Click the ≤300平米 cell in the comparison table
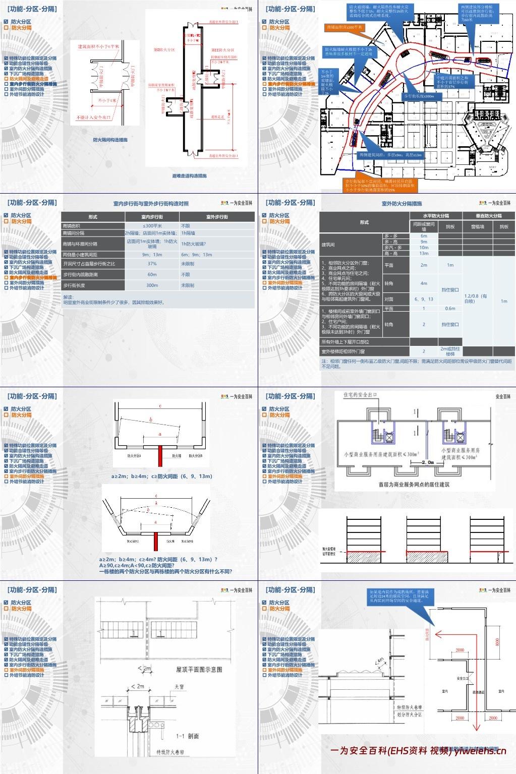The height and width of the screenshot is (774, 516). click(x=152, y=226)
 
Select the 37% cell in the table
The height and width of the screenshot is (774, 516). click(x=152, y=264)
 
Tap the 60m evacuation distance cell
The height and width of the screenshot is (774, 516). click(x=152, y=275)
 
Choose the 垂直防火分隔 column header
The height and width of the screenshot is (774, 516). click(x=489, y=216)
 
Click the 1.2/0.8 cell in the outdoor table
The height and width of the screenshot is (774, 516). click(x=475, y=299)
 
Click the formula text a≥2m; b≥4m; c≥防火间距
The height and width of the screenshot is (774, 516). click(x=162, y=476)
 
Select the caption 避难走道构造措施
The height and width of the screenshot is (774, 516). click(x=189, y=176)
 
